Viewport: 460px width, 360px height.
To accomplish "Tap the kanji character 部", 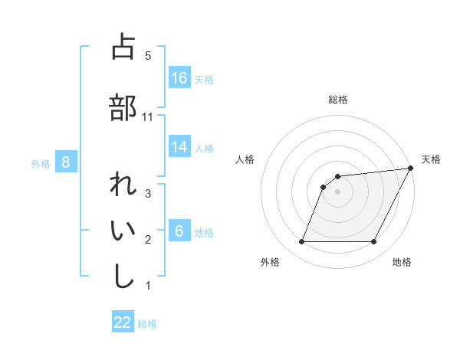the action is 123,107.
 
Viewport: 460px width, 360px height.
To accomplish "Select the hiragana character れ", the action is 123,186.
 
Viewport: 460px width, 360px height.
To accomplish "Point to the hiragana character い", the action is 123,231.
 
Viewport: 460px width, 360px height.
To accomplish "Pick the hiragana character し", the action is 123,276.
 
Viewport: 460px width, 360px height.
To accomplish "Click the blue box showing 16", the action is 179,77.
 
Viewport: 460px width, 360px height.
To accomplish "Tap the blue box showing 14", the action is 179,146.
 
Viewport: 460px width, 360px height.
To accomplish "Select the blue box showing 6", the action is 179,231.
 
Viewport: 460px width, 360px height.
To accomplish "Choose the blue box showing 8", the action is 66,162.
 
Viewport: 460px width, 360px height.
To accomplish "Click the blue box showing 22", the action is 123,322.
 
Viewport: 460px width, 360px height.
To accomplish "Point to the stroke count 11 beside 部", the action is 148,116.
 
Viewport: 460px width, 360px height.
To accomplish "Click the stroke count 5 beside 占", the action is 148,55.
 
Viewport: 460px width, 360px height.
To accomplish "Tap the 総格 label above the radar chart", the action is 338,100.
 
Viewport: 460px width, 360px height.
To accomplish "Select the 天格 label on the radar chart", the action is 431,159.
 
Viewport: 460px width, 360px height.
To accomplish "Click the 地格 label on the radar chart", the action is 402,262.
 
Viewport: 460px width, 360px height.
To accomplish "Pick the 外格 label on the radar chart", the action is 270,262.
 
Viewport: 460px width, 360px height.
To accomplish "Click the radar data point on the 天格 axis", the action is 411,169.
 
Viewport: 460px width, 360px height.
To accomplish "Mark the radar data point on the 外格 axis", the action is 301,242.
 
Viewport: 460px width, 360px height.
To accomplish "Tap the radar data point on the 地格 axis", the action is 374,242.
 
